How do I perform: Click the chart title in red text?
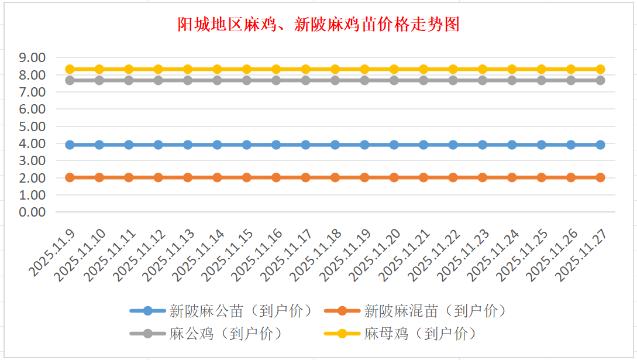[318, 25]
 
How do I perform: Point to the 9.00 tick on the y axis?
[32, 57]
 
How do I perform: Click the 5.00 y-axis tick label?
[32, 126]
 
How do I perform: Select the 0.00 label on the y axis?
[32, 212]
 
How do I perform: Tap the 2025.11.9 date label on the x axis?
[53, 251]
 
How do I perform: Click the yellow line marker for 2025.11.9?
[70, 69]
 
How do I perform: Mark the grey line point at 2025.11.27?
[600, 80]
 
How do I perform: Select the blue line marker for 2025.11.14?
[217, 145]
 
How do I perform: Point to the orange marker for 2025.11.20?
[394, 177]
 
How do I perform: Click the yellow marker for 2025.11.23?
[483, 69]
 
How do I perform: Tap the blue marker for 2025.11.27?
[600, 145]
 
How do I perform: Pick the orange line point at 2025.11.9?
[70, 177]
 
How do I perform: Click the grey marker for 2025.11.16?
[276, 80]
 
